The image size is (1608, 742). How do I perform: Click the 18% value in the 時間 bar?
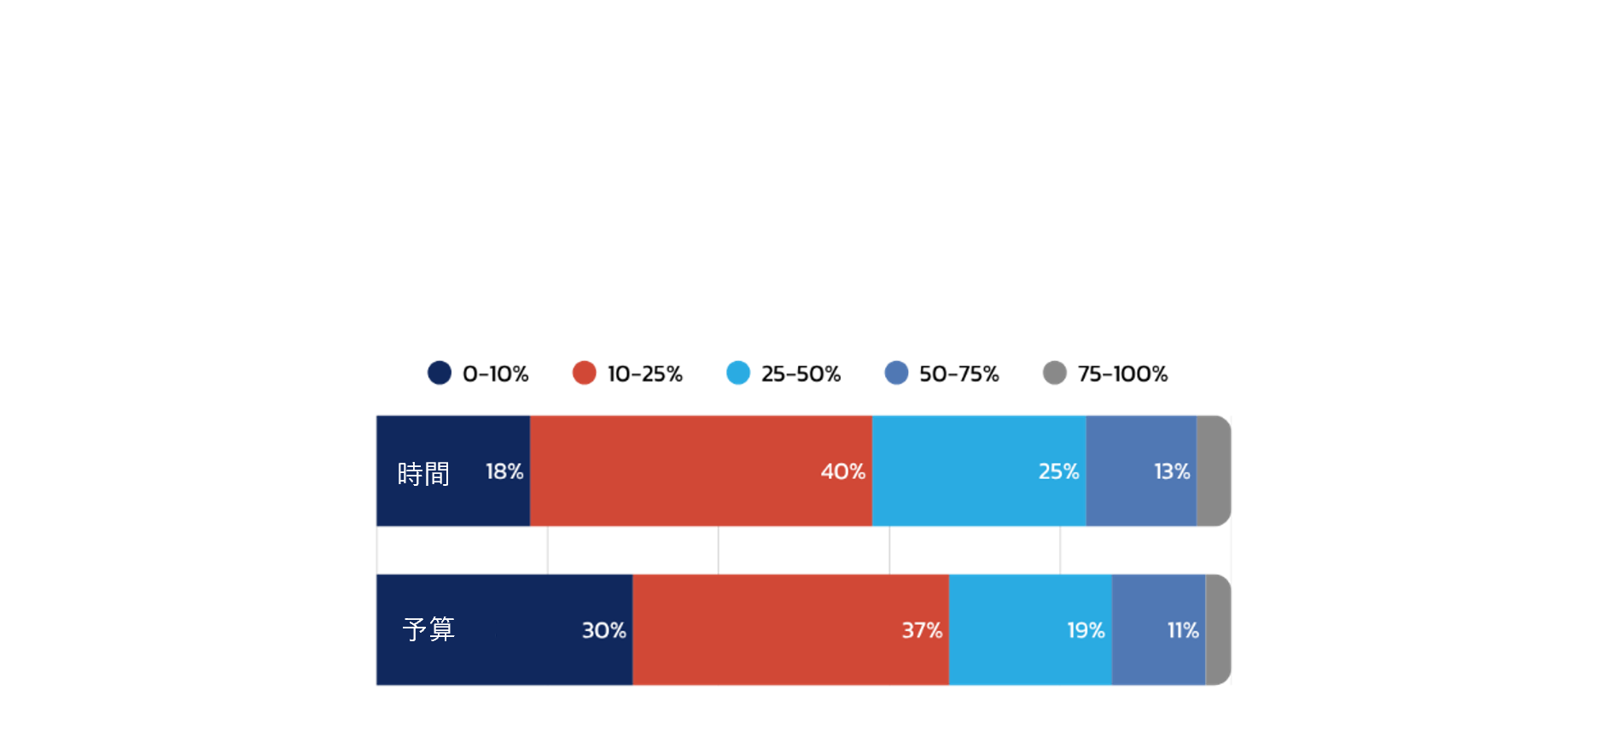click(504, 471)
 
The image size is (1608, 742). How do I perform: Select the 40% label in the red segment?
click(843, 471)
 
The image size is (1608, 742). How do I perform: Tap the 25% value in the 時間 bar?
click(1059, 471)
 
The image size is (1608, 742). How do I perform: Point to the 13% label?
click(1172, 471)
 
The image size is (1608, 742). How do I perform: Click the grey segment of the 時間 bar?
click(1213, 470)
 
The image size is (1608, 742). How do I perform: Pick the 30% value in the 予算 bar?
click(604, 630)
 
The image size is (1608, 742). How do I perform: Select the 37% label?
click(923, 630)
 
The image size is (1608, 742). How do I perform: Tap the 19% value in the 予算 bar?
click(1087, 630)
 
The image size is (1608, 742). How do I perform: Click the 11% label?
click(1183, 630)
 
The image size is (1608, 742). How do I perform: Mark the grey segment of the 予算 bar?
click(1218, 630)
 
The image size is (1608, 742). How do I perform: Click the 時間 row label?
click(423, 473)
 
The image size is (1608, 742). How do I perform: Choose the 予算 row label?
click(428, 629)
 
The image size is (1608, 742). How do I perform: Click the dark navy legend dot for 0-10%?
click(440, 373)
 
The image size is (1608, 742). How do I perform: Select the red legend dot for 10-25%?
click(585, 373)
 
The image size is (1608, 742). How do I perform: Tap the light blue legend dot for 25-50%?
click(738, 373)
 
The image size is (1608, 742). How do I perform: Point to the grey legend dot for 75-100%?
click(1055, 373)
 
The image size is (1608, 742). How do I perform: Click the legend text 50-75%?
click(959, 374)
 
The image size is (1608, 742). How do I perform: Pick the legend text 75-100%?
click(1122, 374)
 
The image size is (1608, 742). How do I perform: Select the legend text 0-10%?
click(496, 374)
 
